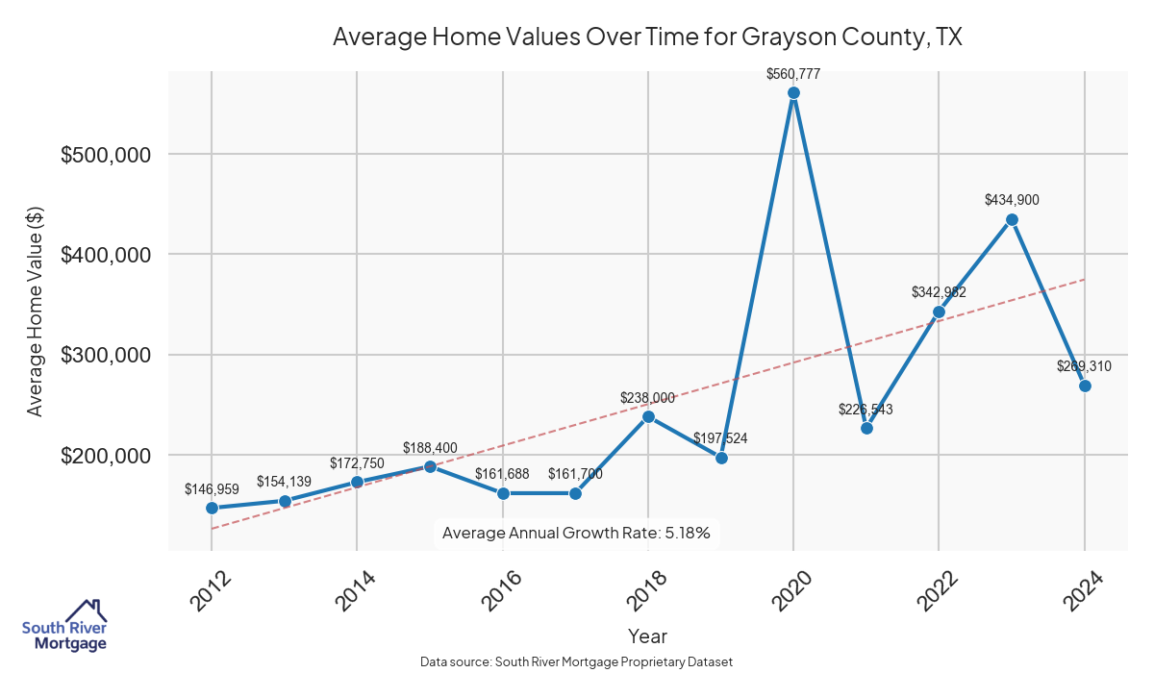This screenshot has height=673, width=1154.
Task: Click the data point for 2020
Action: tap(793, 93)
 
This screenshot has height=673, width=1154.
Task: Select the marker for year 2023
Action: tap(1012, 219)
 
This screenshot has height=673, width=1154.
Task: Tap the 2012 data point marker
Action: tap(212, 508)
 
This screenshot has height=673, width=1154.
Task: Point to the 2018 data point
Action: tap(648, 416)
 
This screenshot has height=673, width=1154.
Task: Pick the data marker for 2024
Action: tap(1085, 386)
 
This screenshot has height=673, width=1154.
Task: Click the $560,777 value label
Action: tap(793, 73)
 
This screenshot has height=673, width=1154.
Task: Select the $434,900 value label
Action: tap(1012, 200)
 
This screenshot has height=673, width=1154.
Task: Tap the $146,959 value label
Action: tap(212, 489)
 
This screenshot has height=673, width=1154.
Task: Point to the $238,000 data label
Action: tap(648, 397)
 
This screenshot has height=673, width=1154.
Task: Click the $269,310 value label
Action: tap(1085, 366)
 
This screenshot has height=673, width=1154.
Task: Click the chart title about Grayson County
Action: tap(647, 37)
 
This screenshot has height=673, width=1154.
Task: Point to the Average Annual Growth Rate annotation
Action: tap(576, 533)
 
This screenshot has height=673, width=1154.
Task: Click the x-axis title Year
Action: tap(647, 636)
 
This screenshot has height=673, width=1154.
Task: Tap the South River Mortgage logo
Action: tap(64, 626)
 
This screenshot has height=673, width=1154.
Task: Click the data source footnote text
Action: tap(576, 662)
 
